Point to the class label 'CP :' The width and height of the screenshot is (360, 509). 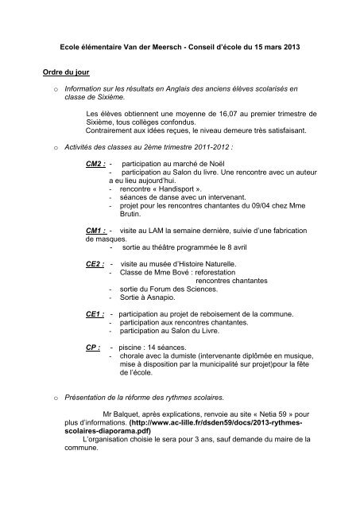tap(93, 348)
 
